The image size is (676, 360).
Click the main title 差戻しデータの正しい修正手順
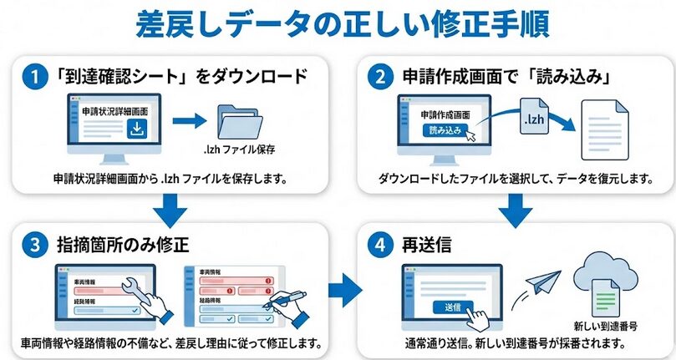click(x=338, y=24)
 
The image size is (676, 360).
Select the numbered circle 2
click(x=380, y=78)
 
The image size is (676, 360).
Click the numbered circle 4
click(x=380, y=245)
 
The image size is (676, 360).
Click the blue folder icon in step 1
click(x=238, y=122)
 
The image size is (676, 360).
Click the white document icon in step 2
click(x=604, y=129)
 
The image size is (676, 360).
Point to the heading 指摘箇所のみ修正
click(x=125, y=246)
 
